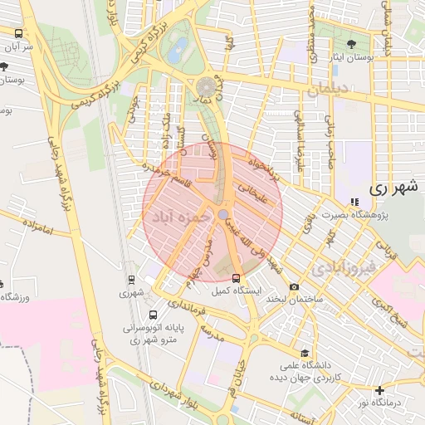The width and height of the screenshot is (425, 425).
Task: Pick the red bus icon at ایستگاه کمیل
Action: click(237, 278)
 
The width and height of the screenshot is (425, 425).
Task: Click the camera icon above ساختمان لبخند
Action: click(295, 287)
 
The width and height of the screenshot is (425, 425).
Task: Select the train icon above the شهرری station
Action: click(131, 280)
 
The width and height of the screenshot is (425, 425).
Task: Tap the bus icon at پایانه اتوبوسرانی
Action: click(153, 315)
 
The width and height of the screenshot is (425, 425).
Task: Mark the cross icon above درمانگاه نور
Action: click(379, 389)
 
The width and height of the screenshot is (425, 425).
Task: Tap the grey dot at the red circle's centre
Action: click(224, 215)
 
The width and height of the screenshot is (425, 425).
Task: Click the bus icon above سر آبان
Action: click(18, 33)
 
